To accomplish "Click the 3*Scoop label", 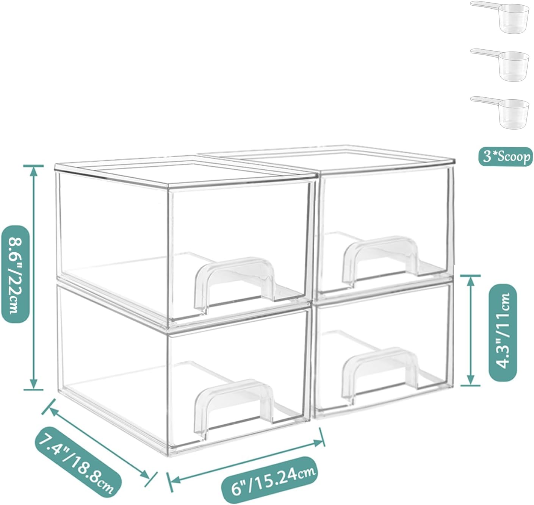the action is pos(505,157).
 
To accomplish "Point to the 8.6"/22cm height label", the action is pos(15,274).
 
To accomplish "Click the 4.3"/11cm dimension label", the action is pos(503,333).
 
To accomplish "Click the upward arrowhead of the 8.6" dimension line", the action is pos(33,171).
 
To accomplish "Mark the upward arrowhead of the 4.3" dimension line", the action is pos(471,281).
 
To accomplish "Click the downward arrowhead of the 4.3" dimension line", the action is pos(471,380).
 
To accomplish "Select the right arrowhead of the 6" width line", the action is pos(318,443).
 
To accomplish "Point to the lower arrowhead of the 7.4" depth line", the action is pos(145,475).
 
